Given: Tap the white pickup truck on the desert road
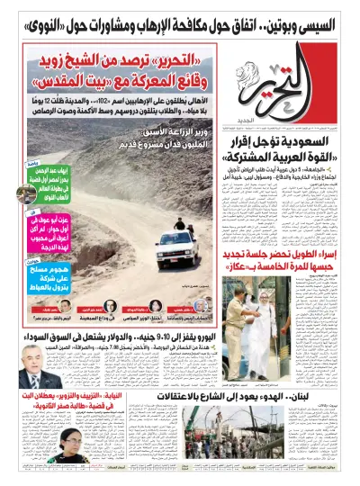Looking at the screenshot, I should point(176,247).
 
